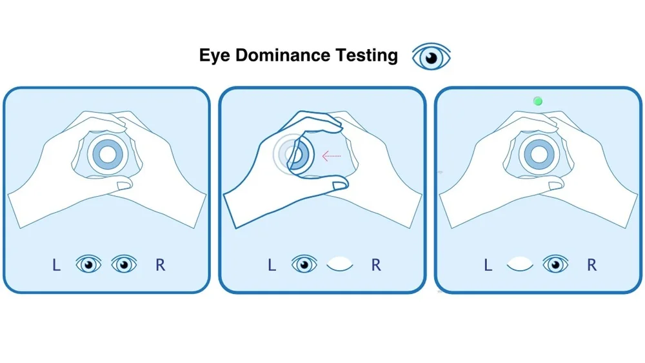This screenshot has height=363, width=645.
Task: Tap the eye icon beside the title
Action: click(x=432, y=57)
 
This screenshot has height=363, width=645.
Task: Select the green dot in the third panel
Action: click(x=538, y=101)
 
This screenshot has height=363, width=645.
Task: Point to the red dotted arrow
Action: click(x=332, y=155)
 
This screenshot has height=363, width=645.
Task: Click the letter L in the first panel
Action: click(x=57, y=264)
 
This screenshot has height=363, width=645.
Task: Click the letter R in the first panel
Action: click(x=161, y=264)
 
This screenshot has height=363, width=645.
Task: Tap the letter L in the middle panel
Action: click(x=272, y=264)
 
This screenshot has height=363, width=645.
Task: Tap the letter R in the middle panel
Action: click(x=376, y=264)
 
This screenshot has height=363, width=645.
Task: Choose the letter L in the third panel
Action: click(x=488, y=264)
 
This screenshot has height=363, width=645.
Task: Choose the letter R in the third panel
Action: click(x=591, y=264)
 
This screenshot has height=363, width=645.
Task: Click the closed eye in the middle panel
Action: click(x=340, y=264)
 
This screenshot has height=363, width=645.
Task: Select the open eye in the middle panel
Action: click(x=304, y=264)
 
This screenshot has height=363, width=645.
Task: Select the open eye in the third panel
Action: click(x=555, y=264)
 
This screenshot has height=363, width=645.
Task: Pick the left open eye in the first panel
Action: click(x=88, y=264)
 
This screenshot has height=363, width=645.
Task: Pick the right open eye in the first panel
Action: click(x=124, y=264)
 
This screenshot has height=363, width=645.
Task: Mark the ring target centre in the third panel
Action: click(x=537, y=154)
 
